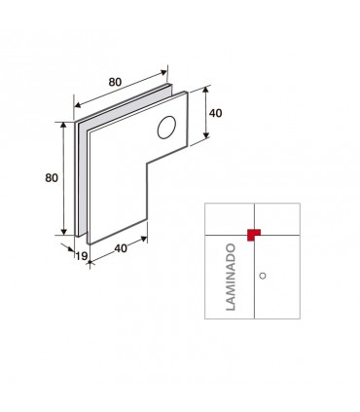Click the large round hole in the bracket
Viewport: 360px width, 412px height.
(166, 127)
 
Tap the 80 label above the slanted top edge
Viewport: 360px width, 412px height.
(115, 82)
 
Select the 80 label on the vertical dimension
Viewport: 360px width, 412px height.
(52, 178)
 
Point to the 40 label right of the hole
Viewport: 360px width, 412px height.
(216, 113)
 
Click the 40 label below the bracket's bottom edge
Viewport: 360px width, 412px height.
(121, 248)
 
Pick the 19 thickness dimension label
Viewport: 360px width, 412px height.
(82, 256)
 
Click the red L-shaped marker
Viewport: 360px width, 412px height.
(253, 235)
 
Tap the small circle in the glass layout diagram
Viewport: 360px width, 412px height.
(263, 276)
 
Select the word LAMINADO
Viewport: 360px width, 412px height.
(231, 278)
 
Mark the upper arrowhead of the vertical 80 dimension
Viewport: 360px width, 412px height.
(64, 126)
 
